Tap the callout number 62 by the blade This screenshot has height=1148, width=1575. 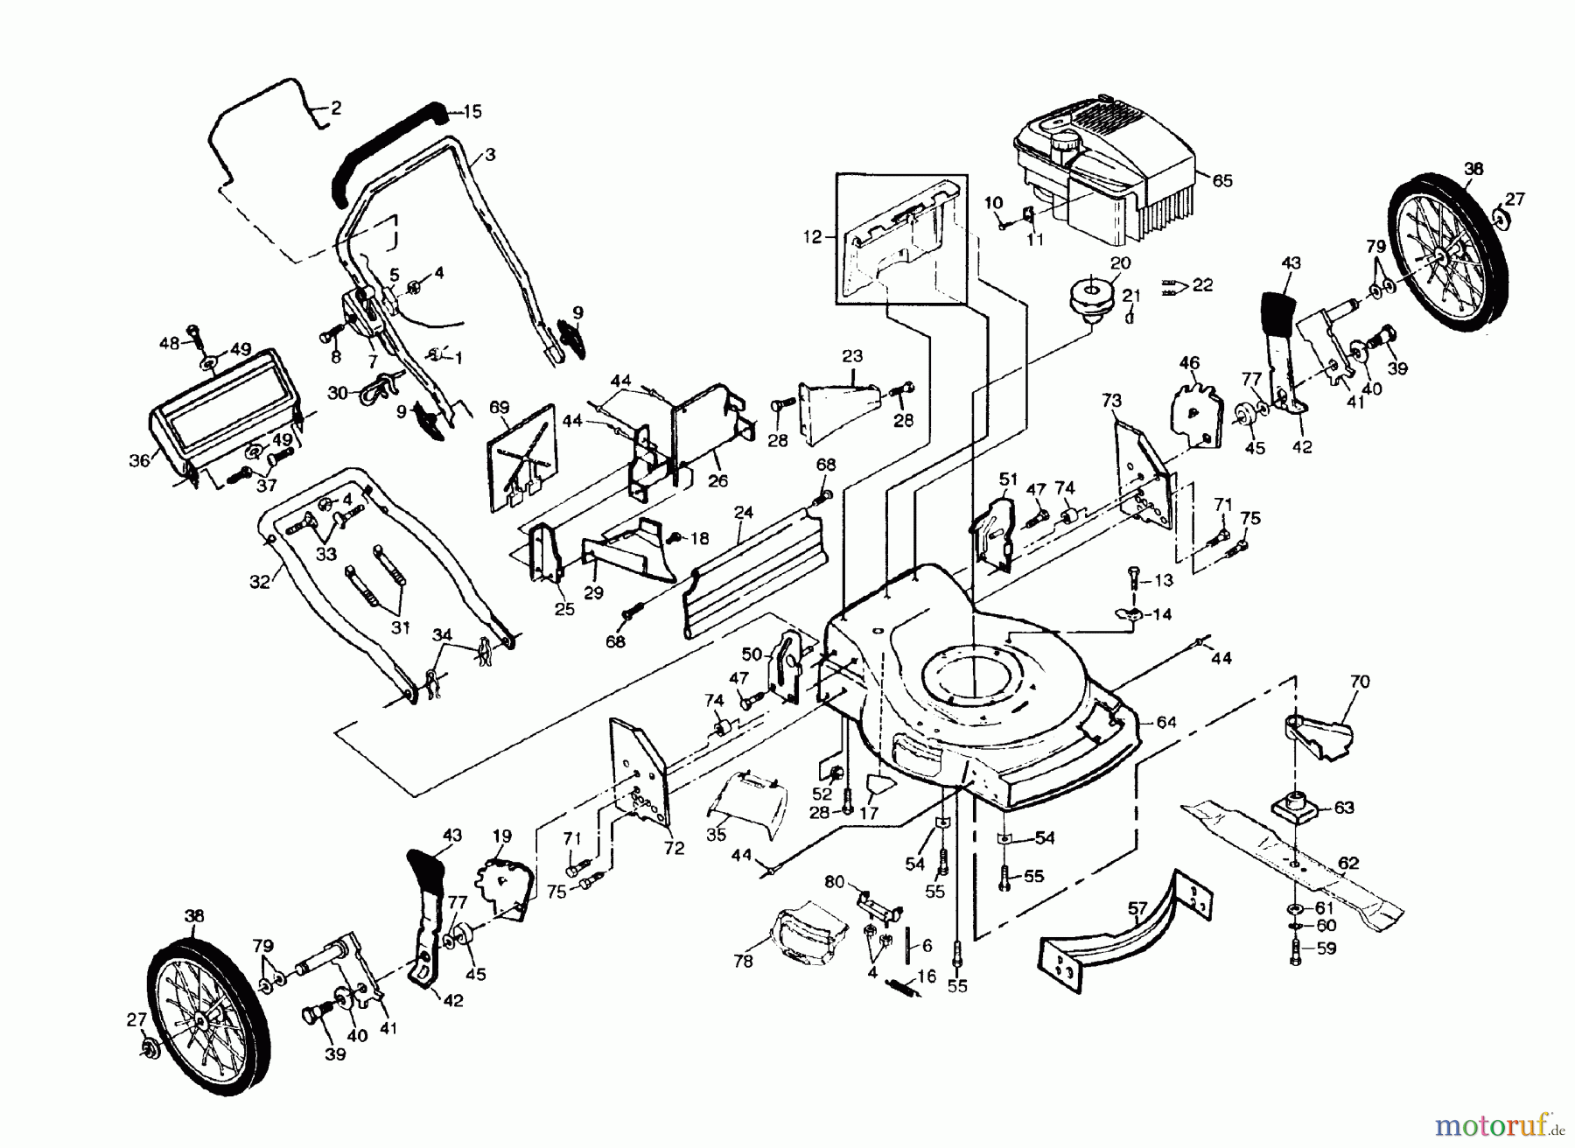[x=1348, y=863]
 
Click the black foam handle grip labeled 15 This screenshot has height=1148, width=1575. [x=385, y=149]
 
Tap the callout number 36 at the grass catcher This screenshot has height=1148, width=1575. [x=139, y=460]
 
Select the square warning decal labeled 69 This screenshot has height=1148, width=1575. [x=521, y=455]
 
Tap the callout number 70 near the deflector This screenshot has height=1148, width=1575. [x=1360, y=682]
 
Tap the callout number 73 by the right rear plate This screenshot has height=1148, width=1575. [x=1110, y=401]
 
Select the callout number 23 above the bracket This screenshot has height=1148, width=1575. [x=851, y=356]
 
